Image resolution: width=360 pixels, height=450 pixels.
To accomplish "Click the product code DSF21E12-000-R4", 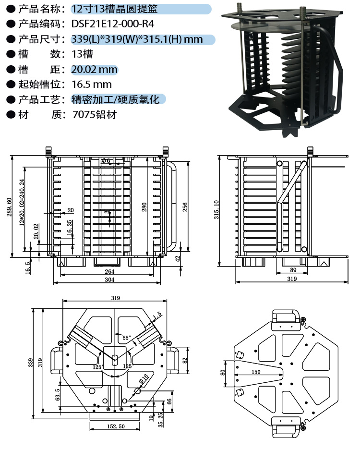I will pyautogui.click(x=113, y=24).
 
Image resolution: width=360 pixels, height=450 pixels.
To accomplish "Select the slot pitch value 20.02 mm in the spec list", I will pyautogui.click(x=94, y=70).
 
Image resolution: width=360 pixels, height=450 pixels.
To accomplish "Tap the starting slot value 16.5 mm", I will pyautogui.click(x=91, y=85).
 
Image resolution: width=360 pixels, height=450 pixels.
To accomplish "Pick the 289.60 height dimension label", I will pyautogui.click(x=9, y=207).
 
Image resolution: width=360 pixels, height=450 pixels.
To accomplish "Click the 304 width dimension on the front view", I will pyautogui.click(x=110, y=280).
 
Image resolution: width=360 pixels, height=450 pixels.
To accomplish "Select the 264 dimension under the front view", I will pyautogui.click(x=110, y=272).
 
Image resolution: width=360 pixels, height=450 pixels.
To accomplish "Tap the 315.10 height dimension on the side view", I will pyautogui.click(x=216, y=210).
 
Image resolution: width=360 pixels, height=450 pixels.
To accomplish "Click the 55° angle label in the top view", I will pyautogui.click(x=126, y=337).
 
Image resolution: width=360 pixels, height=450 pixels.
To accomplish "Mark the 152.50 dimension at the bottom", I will pyautogui.click(x=115, y=426).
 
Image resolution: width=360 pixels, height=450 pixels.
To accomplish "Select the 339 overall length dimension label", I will pyautogui.click(x=31, y=364).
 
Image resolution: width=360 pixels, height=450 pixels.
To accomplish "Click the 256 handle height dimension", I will pyautogui.click(x=185, y=207).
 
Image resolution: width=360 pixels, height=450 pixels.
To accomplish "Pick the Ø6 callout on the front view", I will pyautogui.click(x=106, y=160).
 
